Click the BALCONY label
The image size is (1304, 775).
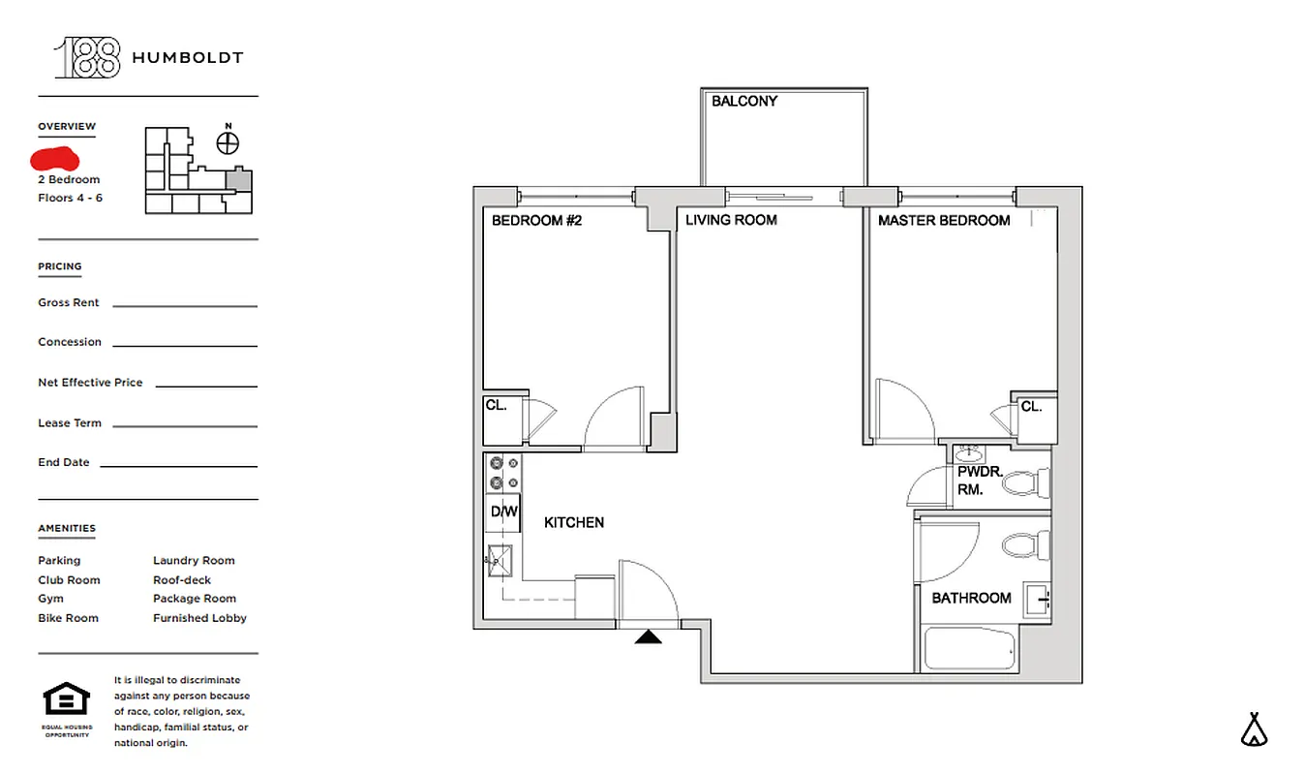(x=743, y=101)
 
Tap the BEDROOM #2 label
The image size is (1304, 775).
(x=536, y=221)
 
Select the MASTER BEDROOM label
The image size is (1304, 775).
(x=943, y=221)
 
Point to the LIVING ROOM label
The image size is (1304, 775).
(x=731, y=221)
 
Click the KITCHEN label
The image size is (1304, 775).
(x=573, y=523)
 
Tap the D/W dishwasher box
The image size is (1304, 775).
(x=502, y=511)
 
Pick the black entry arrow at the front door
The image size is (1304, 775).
(x=648, y=636)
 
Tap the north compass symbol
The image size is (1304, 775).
(x=227, y=143)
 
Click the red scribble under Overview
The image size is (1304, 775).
(x=55, y=158)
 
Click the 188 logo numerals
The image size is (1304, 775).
(x=88, y=58)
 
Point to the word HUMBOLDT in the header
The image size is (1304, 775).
(x=187, y=58)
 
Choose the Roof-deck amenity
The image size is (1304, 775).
(x=182, y=580)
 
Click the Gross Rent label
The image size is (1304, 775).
(x=69, y=303)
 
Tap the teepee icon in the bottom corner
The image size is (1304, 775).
(x=1255, y=730)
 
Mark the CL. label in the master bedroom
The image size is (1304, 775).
(x=1031, y=407)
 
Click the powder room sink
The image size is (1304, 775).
(x=968, y=454)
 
